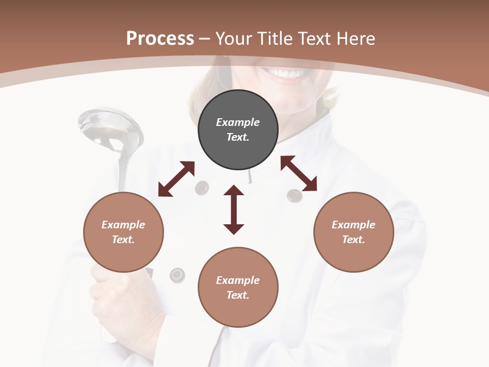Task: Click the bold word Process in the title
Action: (x=160, y=39)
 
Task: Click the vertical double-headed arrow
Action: (x=234, y=210)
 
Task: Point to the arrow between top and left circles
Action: (x=176, y=179)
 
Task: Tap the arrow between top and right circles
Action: (x=298, y=173)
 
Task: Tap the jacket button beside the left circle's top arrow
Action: (x=202, y=188)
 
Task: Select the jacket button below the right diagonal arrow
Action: (x=294, y=195)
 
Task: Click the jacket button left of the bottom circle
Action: (x=177, y=275)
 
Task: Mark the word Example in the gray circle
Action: (x=238, y=122)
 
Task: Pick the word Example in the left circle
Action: (x=123, y=225)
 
